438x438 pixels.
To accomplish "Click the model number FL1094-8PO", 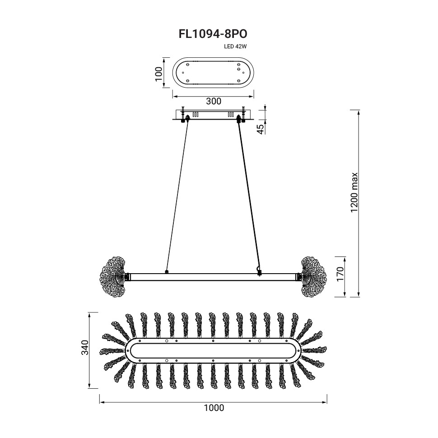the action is coord(213,34).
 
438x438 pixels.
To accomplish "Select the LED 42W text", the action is coord(235,47).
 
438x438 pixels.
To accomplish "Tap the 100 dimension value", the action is coord(158,74).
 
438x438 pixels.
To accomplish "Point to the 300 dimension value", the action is coord(214,101).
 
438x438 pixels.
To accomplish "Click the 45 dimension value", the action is coord(261,129).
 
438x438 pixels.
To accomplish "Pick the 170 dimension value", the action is coord(340,274).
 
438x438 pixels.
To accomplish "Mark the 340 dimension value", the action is coord(84,348).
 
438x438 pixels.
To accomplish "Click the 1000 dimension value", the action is coord(214,408).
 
